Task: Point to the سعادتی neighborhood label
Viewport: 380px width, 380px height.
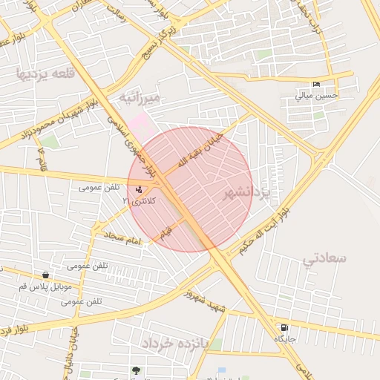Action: pos(324,258)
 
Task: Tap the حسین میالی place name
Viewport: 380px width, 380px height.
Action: pos(317,95)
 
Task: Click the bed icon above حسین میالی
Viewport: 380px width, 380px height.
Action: pos(317,84)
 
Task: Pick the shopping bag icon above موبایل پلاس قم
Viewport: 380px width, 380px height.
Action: pos(46,275)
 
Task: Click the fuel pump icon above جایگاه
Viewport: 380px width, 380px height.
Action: pos(284,327)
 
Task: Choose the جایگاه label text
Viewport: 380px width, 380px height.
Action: pos(285,338)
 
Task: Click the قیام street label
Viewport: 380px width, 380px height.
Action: pos(166,232)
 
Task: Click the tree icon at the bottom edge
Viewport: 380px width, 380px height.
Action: pos(136,370)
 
